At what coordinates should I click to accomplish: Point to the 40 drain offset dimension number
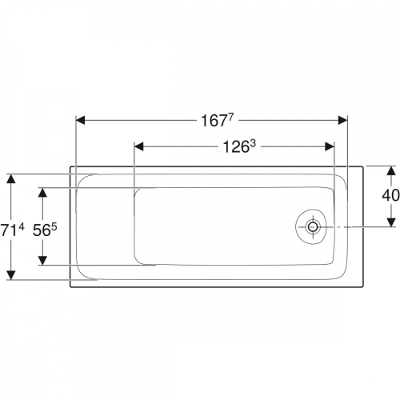390,195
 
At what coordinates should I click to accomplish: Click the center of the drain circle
312,227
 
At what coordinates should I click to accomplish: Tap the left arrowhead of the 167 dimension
81,120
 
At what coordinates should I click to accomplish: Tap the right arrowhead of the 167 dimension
343,120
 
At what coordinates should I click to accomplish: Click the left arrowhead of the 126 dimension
139,146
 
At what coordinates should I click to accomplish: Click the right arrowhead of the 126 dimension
330,146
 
